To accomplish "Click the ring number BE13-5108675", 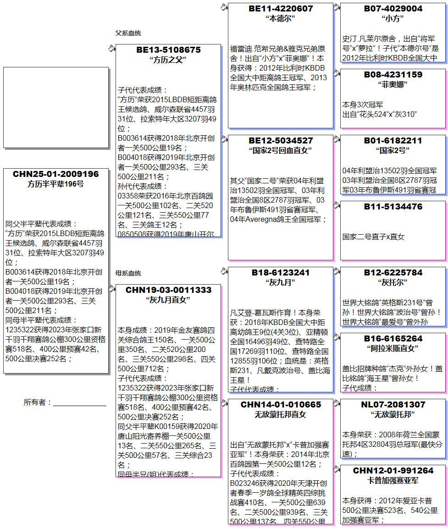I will (168, 50).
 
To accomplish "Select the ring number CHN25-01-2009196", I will (55, 174).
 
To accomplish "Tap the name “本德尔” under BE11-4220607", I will (280, 19).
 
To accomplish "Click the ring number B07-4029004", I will (393, 9).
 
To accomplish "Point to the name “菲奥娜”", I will (393, 85).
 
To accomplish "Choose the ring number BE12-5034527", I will (281, 141).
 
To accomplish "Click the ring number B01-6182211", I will (393, 141).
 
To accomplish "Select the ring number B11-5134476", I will (393, 207).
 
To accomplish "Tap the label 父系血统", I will (128, 33).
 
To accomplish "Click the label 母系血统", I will (128, 274).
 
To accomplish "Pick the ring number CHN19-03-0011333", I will (168, 290).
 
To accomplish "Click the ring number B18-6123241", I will (281, 273).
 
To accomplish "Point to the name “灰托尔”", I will (393, 283).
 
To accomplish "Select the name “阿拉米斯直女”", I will (393, 349).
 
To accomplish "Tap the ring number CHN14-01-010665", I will (281, 405).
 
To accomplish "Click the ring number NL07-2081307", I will (393, 405).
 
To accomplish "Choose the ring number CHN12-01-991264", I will (393, 471).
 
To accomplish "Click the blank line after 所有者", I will (79, 403).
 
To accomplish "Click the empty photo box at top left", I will (55, 108).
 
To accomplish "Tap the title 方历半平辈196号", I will (55, 184).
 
